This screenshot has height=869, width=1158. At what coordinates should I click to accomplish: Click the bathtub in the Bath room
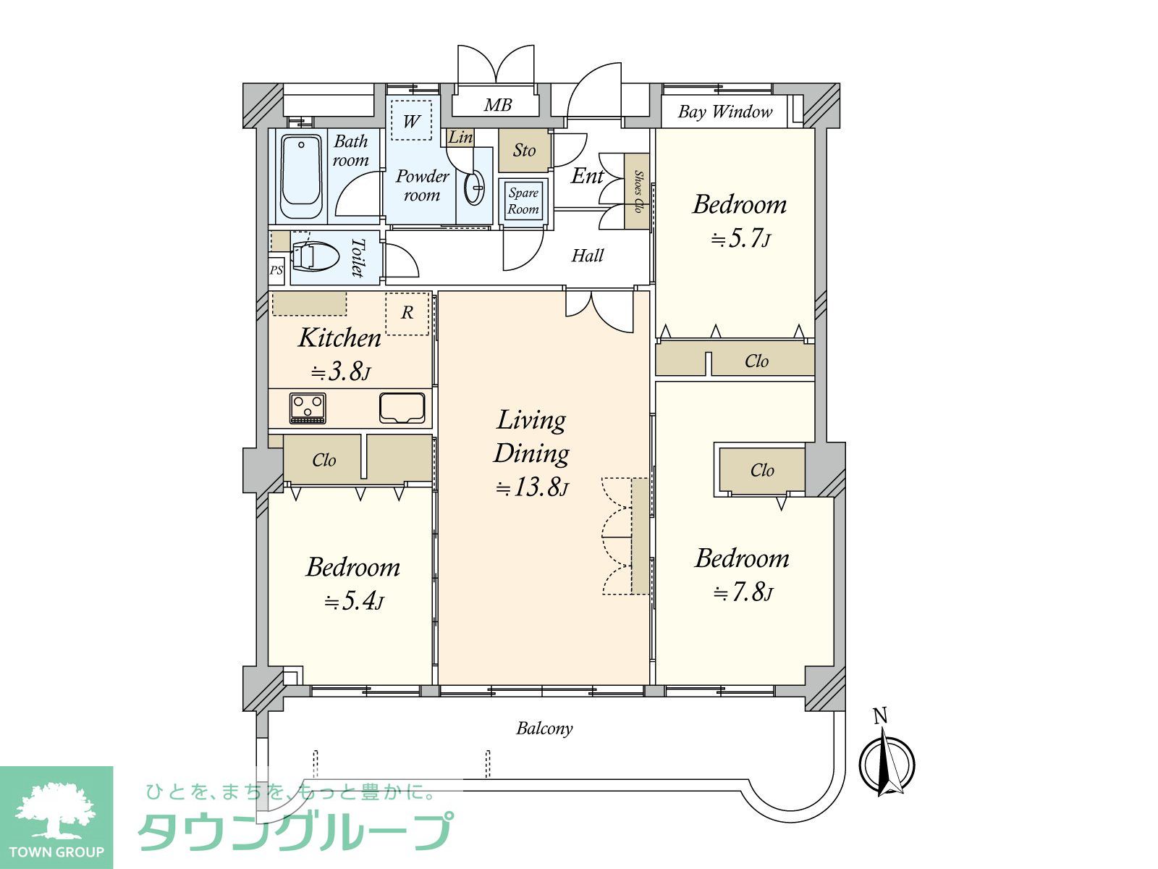pyautogui.click(x=301, y=177)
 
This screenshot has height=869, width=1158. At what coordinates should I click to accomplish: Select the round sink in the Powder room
pyautogui.click(x=474, y=188)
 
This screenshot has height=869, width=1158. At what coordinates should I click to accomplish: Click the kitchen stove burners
pyautogui.click(x=308, y=408)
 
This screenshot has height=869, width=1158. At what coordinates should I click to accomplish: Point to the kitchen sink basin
pyautogui.click(x=402, y=408)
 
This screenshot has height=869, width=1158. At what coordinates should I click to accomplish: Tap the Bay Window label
pyautogui.click(x=725, y=112)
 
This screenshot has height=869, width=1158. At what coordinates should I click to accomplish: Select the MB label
pyautogui.click(x=497, y=105)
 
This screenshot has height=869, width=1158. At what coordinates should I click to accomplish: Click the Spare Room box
pyautogui.click(x=523, y=201)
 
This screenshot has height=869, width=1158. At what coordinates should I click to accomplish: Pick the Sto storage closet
pyautogui.click(x=525, y=151)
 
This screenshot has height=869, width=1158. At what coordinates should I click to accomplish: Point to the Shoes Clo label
pyautogui.click(x=638, y=191)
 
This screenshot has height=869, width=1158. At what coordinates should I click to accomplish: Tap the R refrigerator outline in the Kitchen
pyautogui.click(x=407, y=314)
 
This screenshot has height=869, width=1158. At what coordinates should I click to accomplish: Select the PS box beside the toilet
pyautogui.click(x=276, y=271)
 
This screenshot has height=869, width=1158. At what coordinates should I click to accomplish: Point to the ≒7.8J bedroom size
pyautogui.click(x=743, y=592)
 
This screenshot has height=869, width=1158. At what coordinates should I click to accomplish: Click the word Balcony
pyautogui.click(x=544, y=729)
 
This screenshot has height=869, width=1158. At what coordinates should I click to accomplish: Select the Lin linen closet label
pyautogui.click(x=460, y=137)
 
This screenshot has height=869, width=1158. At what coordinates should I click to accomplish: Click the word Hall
pyautogui.click(x=587, y=256)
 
